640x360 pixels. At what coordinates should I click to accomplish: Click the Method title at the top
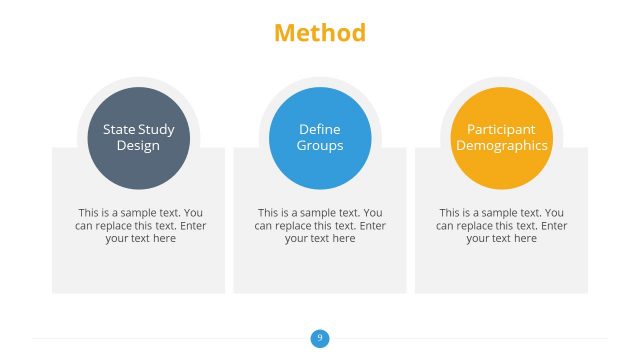click(320, 33)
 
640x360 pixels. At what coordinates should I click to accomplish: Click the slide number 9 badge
click(320, 338)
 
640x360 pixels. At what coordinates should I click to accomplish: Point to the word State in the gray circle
click(119, 129)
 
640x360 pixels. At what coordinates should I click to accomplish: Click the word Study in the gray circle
click(156, 129)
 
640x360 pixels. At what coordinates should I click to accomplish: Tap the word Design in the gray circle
click(138, 145)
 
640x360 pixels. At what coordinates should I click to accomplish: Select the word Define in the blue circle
click(320, 129)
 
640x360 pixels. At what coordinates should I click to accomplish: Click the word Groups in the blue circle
click(320, 145)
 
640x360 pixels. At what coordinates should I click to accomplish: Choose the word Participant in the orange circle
click(501, 129)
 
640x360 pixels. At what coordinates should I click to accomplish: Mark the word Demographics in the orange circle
click(501, 145)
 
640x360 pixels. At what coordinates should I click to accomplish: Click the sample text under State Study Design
click(140, 225)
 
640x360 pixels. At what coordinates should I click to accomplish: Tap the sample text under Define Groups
click(320, 225)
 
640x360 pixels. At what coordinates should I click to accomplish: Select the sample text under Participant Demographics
click(501, 225)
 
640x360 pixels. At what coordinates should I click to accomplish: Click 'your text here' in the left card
click(140, 238)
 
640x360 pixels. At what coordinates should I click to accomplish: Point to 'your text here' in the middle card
click(320, 238)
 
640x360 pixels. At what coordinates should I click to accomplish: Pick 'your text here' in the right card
click(501, 238)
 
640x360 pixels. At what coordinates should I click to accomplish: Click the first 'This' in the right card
click(450, 212)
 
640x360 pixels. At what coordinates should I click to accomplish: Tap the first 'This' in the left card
click(89, 212)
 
